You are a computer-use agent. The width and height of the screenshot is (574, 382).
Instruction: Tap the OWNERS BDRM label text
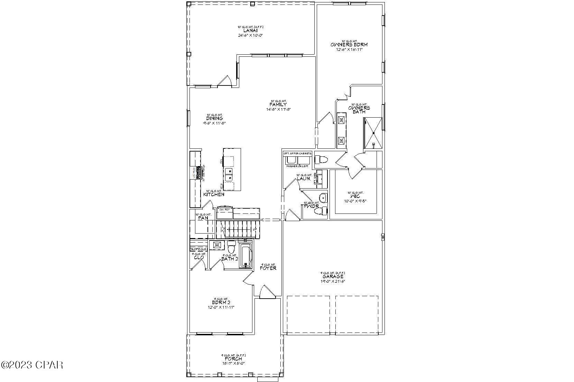point(349,45)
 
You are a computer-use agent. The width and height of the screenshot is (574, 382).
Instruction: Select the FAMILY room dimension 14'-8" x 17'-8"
point(278,109)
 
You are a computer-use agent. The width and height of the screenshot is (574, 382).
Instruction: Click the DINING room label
point(214,119)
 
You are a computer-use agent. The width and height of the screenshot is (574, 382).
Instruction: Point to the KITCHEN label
point(214,195)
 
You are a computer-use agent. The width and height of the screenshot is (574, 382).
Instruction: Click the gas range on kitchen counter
point(199,172)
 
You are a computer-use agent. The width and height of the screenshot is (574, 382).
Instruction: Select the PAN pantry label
point(203,218)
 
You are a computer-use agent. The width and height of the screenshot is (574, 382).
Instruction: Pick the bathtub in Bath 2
point(246,256)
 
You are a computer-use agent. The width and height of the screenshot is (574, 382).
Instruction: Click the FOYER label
point(268,268)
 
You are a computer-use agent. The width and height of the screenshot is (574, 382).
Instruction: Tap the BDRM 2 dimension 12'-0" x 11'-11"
point(221,307)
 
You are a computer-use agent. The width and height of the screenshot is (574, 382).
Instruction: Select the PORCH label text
point(233,359)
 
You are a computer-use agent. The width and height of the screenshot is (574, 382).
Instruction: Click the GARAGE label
point(333,276)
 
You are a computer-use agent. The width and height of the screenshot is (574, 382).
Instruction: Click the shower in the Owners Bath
point(373,133)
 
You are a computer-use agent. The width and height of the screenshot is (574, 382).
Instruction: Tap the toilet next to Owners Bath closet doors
point(321,160)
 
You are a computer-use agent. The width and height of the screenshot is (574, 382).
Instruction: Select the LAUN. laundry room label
point(304,179)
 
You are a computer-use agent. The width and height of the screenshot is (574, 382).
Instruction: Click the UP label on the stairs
point(255,229)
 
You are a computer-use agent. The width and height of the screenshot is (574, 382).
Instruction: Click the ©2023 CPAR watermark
point(32,365)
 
